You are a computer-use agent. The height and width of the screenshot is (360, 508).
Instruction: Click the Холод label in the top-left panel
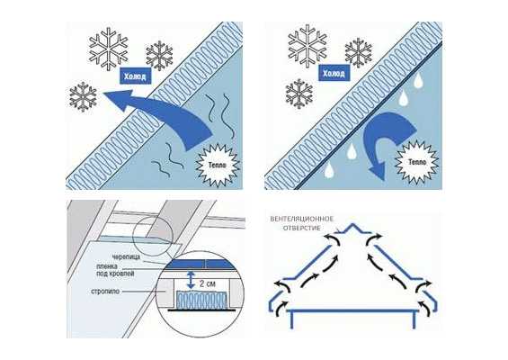click(x=136, y=76)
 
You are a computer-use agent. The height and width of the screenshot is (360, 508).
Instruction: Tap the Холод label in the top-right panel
click(x=334, y=73)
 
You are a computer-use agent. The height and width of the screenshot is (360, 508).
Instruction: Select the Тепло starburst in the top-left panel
click(x=218, y=165)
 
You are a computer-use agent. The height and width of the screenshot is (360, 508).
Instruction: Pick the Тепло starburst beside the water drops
click(x=416, y=162)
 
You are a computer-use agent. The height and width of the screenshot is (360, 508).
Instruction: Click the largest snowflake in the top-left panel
click(x=109, y=49)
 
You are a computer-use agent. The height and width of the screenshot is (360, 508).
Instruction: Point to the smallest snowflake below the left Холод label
click(x=84, y=97)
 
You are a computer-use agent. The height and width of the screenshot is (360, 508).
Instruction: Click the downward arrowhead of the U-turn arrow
click(x=378, y=170)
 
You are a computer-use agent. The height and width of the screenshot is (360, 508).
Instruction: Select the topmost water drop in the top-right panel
click(x=418, y=80)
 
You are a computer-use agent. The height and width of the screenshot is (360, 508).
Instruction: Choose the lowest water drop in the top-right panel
click(x=329, y=169)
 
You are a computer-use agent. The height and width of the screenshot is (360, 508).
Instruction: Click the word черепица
click(x=127, y=257)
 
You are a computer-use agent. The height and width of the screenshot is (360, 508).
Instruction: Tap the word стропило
click(x=105, y=292)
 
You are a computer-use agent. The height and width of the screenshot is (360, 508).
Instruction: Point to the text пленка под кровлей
click(x=115, y=270)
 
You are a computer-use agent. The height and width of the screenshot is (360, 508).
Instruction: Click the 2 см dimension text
click(x=208, y=283)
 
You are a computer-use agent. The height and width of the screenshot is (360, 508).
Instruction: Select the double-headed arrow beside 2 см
click(x=191, y=280)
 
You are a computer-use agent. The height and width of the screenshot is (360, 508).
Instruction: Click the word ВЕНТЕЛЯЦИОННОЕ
click(x=301, y=219)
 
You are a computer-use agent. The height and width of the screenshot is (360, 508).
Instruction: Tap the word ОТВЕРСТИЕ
click(x=301, y=228)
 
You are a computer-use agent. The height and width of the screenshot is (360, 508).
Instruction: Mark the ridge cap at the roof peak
click(x=352, y=228)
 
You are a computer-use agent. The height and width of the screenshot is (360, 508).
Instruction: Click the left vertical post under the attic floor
click(x=292, y=319)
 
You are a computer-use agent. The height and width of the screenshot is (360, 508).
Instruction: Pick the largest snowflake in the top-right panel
click(x=307, y=46)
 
